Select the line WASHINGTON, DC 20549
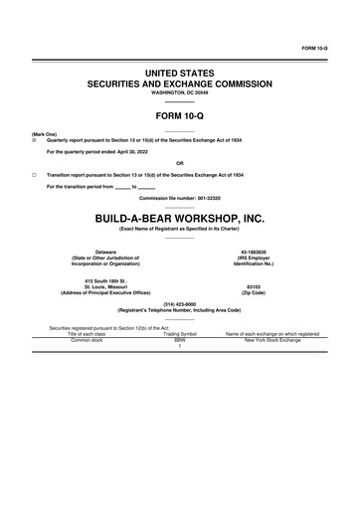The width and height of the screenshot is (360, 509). coord(180,94)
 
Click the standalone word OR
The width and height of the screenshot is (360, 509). coord(180,163)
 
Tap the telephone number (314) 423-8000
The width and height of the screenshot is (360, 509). coord(180,304)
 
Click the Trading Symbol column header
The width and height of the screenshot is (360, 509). coord(180,334)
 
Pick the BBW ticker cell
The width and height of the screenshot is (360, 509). coord(180,340)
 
